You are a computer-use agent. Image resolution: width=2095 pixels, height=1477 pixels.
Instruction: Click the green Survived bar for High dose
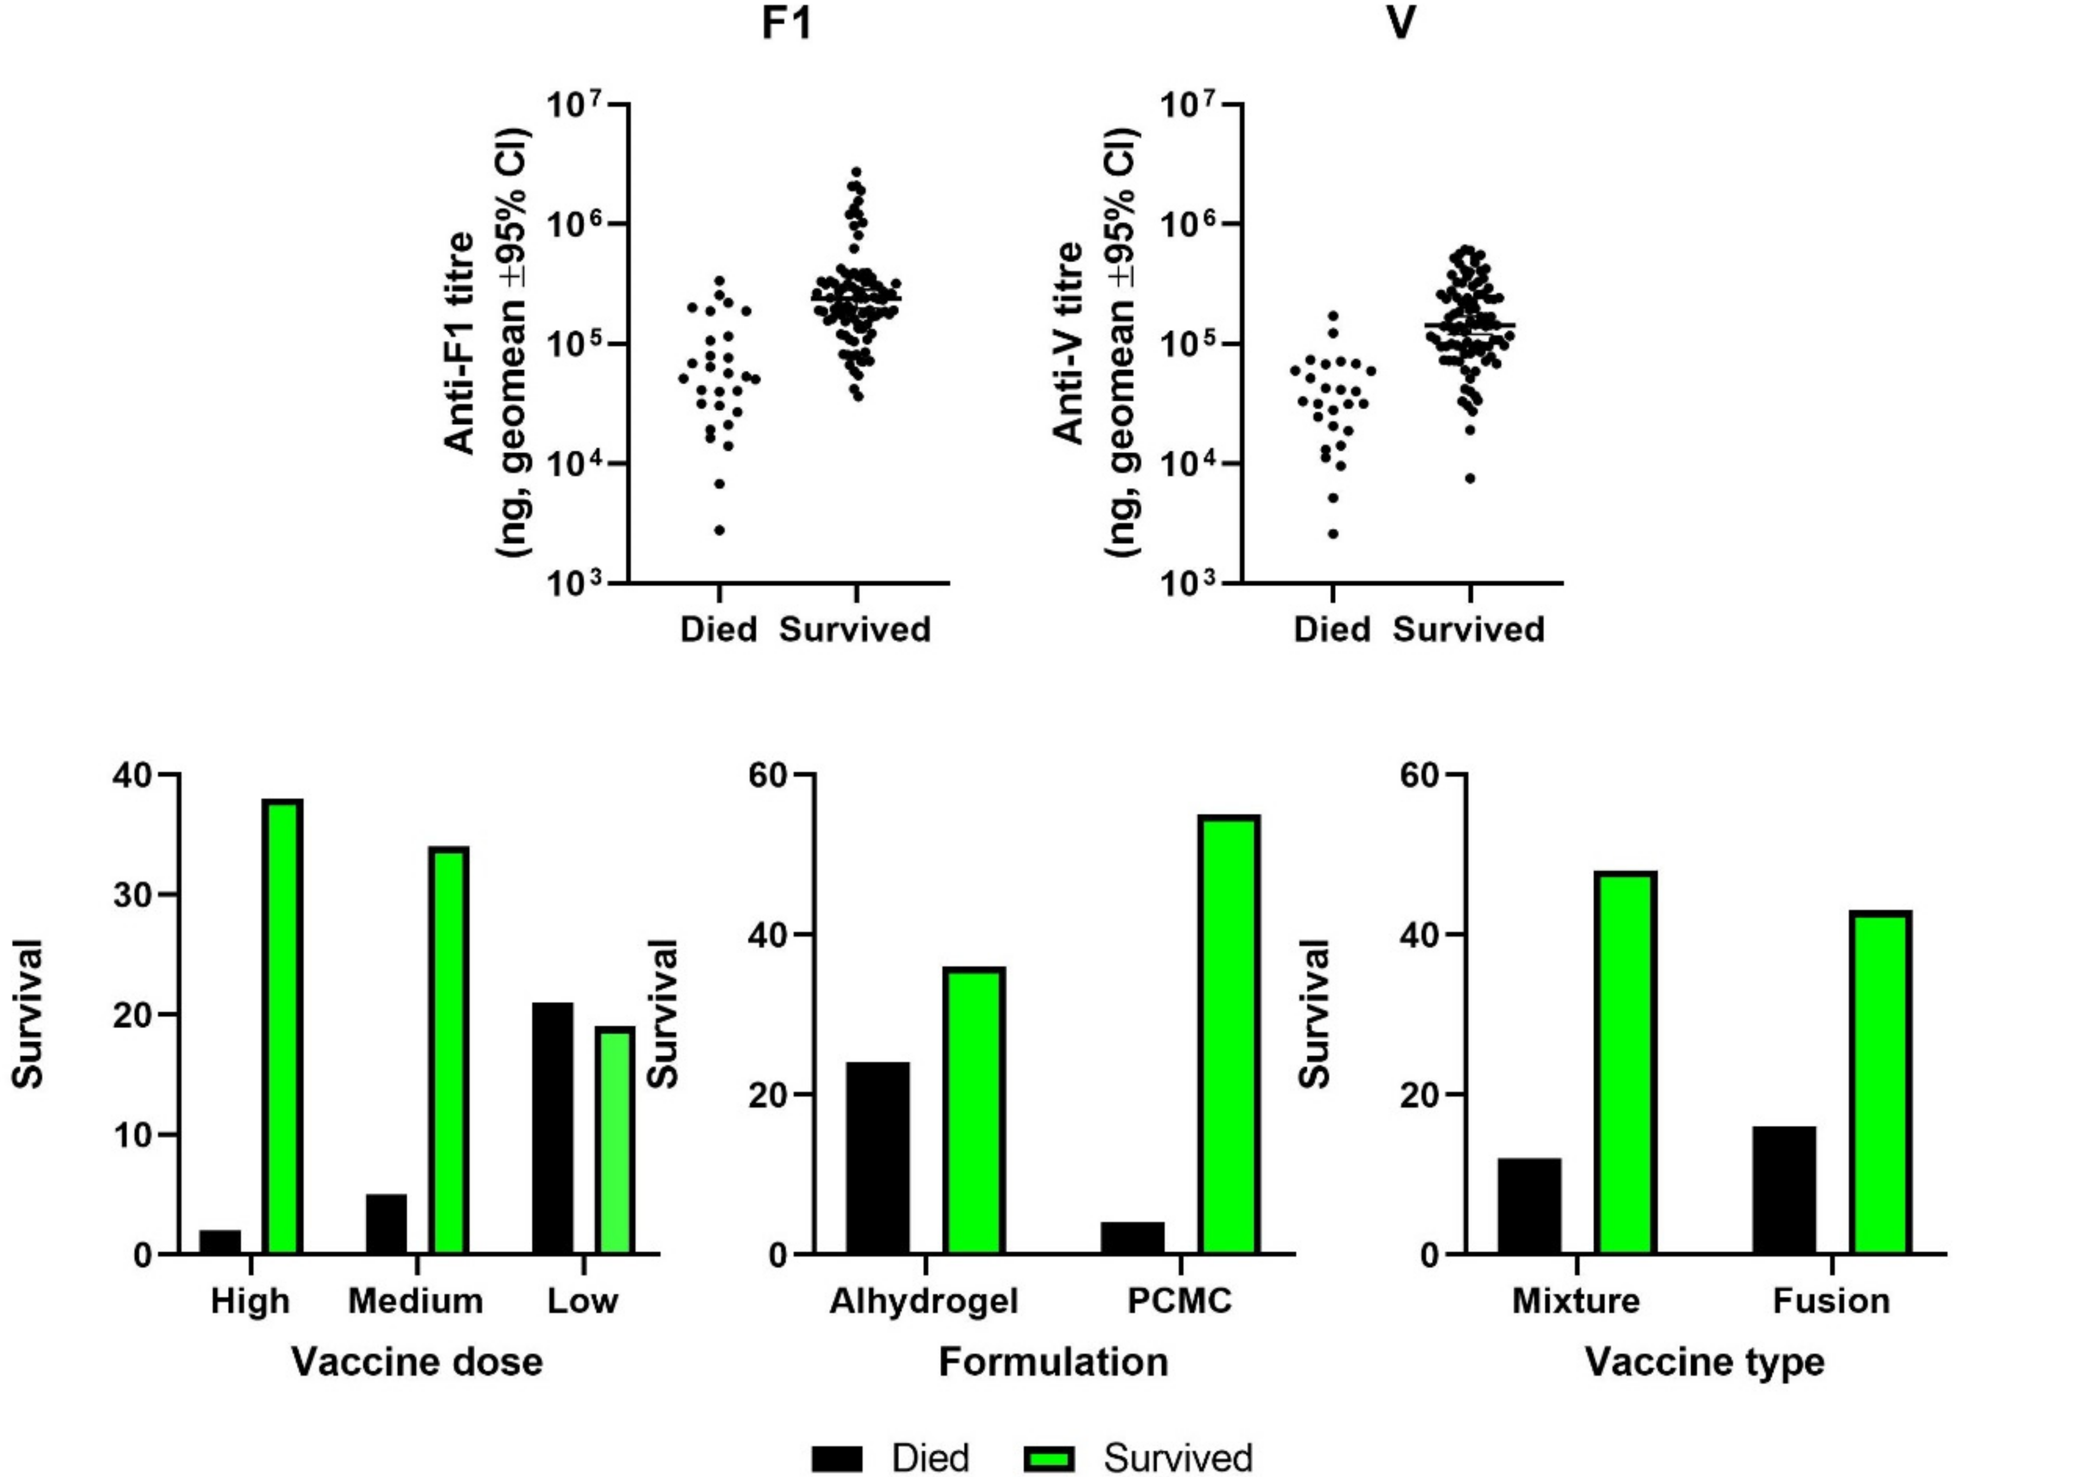[x=283, y=1027]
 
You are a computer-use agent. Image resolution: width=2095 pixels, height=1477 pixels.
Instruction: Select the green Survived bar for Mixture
[x=1626, y=1063]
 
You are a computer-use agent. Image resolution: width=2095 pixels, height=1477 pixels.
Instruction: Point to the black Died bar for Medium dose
[x=386, y=1223]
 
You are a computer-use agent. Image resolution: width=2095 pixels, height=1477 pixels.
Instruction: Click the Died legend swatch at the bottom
[x=836, y=1458]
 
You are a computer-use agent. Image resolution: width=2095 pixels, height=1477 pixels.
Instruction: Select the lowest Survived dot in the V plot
[x=1470, y=478]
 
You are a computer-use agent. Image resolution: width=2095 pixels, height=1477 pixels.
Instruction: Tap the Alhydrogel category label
[x=924, y=1301]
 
